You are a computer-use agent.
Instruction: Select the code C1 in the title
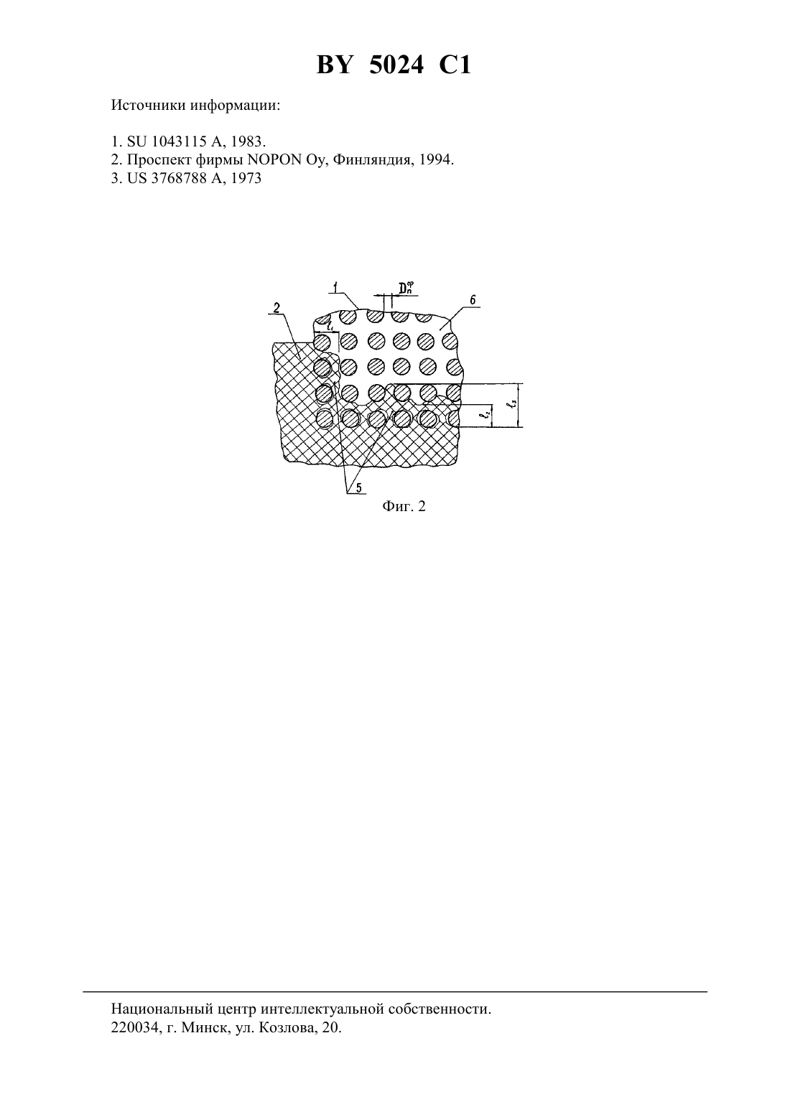[455, 65]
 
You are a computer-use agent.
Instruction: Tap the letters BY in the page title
[335, 65]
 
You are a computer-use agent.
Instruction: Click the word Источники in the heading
[148, 106]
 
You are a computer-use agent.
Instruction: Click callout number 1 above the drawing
[336, 287]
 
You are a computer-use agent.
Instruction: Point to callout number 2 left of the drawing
[277, 308]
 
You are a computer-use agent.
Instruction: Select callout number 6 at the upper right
[473, 299]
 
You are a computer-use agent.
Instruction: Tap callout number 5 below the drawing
[358, 488]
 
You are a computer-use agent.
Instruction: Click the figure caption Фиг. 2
[404, 507]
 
